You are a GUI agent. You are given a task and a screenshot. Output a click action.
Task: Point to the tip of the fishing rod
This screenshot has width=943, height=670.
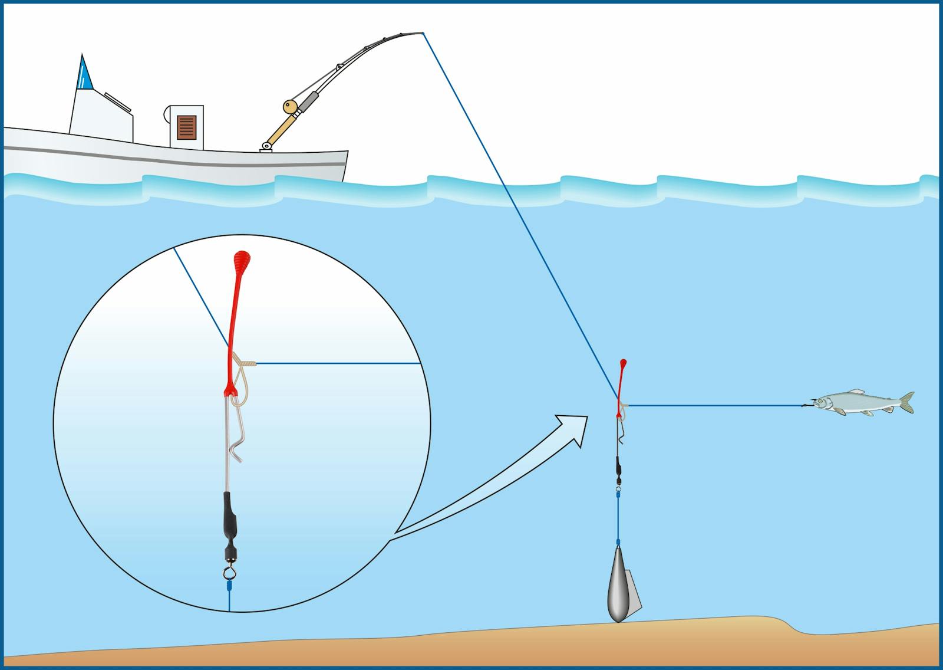coord(422,32)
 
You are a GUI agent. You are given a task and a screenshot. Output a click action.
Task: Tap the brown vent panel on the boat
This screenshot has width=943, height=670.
coord(187,128)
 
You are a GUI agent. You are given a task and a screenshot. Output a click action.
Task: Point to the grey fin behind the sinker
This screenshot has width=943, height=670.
coord(636,590)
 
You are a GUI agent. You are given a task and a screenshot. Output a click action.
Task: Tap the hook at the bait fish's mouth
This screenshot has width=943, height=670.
coord(805,405)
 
